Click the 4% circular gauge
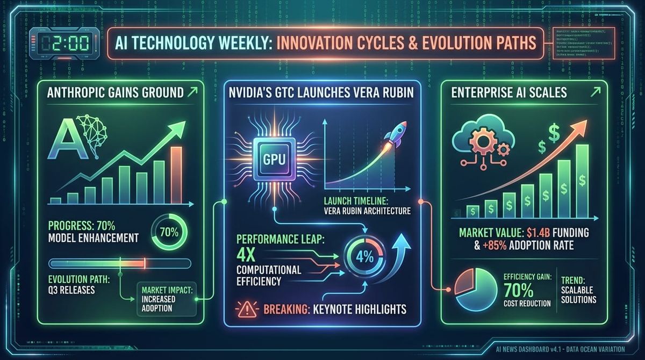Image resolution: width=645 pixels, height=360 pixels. tap(364, 257)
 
